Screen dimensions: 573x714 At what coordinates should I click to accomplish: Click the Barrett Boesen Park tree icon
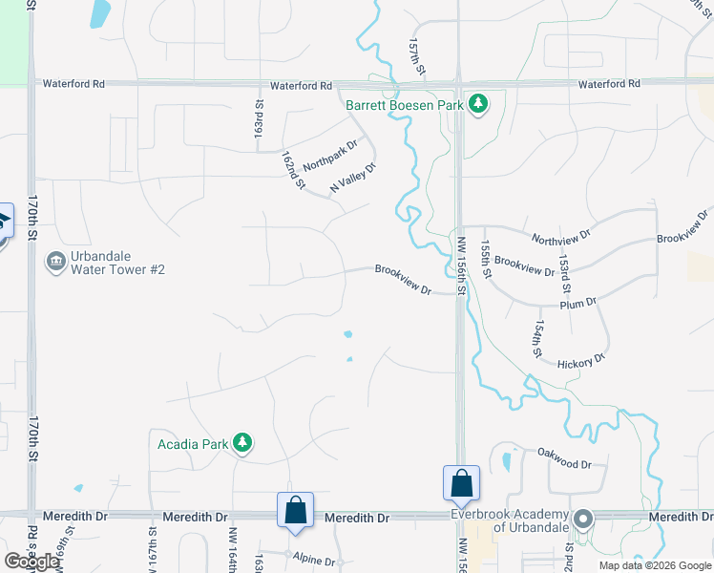pos(478,104)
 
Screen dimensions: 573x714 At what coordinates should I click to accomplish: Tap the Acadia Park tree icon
pos(243,442)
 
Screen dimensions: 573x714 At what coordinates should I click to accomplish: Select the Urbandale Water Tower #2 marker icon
pos(55,261)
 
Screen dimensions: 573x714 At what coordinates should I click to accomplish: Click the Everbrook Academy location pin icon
pos(583,520)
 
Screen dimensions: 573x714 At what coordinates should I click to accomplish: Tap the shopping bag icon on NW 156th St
pos(461,483)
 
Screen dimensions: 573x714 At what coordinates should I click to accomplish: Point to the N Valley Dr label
pos(353,179)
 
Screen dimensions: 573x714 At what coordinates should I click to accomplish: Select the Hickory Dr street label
pos(580,361)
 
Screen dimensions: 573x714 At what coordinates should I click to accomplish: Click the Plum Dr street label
pos(578,303)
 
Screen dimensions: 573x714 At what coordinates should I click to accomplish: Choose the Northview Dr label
pos(561,234)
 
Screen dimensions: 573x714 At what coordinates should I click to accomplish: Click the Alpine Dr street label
pos(315,562)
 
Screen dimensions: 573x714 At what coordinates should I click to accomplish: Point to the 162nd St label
pos(292,169)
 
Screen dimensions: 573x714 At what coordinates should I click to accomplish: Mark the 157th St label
pos(416,59)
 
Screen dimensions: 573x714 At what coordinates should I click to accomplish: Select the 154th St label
pos(537,340)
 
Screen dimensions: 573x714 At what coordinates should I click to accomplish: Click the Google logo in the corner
pos(31,562)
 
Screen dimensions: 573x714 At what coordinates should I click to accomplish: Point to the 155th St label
pos(486,260)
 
